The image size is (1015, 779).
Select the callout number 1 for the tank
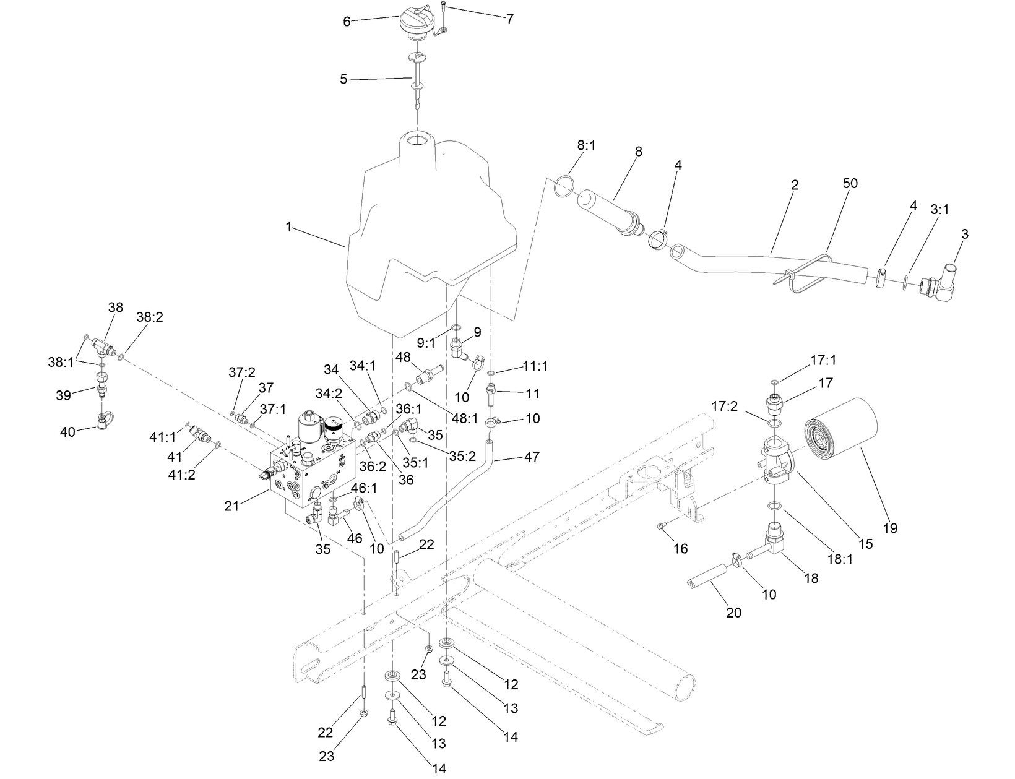click(x=288, y=227)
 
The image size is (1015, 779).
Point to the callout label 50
click(x=850, y=184)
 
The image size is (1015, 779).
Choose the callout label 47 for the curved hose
click(x=532, y=457)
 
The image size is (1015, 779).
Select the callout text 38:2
click(x=149, y=317)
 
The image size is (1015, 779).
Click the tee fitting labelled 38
click(x=104, y=349)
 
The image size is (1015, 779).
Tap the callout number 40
click(x=67, y=431)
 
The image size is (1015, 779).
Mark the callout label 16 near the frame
click(x=680, y=548)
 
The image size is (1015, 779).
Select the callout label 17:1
click(x=823, y=360)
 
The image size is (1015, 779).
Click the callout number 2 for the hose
click(x=795, y=184)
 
